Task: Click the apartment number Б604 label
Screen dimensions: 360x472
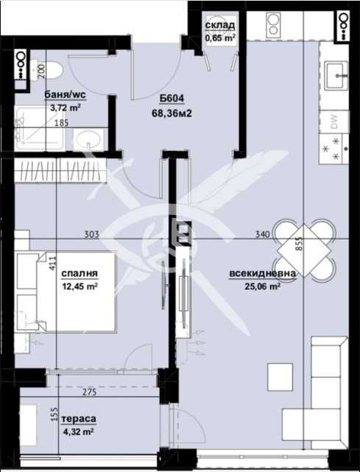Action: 172,99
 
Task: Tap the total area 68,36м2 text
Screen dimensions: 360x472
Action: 172,113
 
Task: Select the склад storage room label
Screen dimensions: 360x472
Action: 220,25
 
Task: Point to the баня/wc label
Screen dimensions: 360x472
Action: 65,95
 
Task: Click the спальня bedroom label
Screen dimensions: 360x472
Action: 80,273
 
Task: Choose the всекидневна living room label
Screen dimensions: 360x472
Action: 263,274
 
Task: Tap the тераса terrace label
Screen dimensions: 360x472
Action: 79,419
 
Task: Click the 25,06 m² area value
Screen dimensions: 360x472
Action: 263,286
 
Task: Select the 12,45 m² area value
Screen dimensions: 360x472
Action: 80,286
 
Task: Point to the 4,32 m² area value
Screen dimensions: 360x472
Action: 78,432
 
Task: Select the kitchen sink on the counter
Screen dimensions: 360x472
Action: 337,75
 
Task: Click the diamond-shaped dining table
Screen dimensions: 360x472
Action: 303,250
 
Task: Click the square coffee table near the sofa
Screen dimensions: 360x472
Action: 280,377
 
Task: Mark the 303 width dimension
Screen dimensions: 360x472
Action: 92,234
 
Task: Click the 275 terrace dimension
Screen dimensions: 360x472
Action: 89,392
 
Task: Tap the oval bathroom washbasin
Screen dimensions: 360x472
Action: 89,139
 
